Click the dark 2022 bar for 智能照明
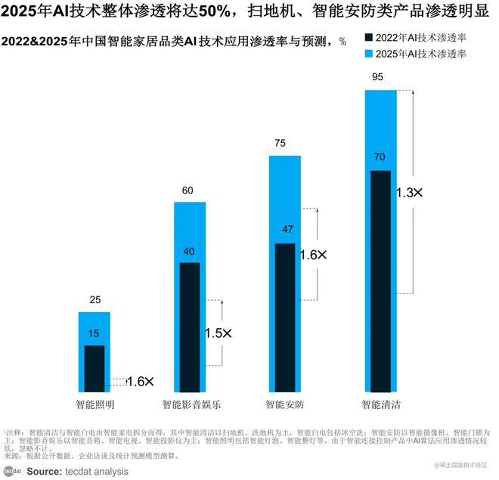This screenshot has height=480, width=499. pyautogui.click(x=95, y=367)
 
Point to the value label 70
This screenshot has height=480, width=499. pyautogui.click(x=380, y=157)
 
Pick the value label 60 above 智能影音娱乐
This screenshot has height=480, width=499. pyautogui.click(x=189, y=190)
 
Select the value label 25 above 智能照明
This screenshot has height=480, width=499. pyautogui.click(x=95, y=300)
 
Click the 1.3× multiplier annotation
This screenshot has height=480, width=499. pyautogui.click(x=409, y=193)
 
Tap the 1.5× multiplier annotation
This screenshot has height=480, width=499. pyautogui.click(x=219, y=333)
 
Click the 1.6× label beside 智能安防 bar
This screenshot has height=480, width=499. pyautogui.click(x=313, y=255)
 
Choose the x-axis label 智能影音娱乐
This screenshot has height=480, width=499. pyautogui.click(x=191, y=404)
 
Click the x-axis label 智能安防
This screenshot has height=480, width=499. pyautogui.click(x=285, y=404)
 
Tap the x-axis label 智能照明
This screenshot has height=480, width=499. pyautogui.click(x=95, y=404)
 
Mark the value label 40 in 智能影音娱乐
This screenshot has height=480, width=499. pyautogui.click(x=189, y=251)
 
